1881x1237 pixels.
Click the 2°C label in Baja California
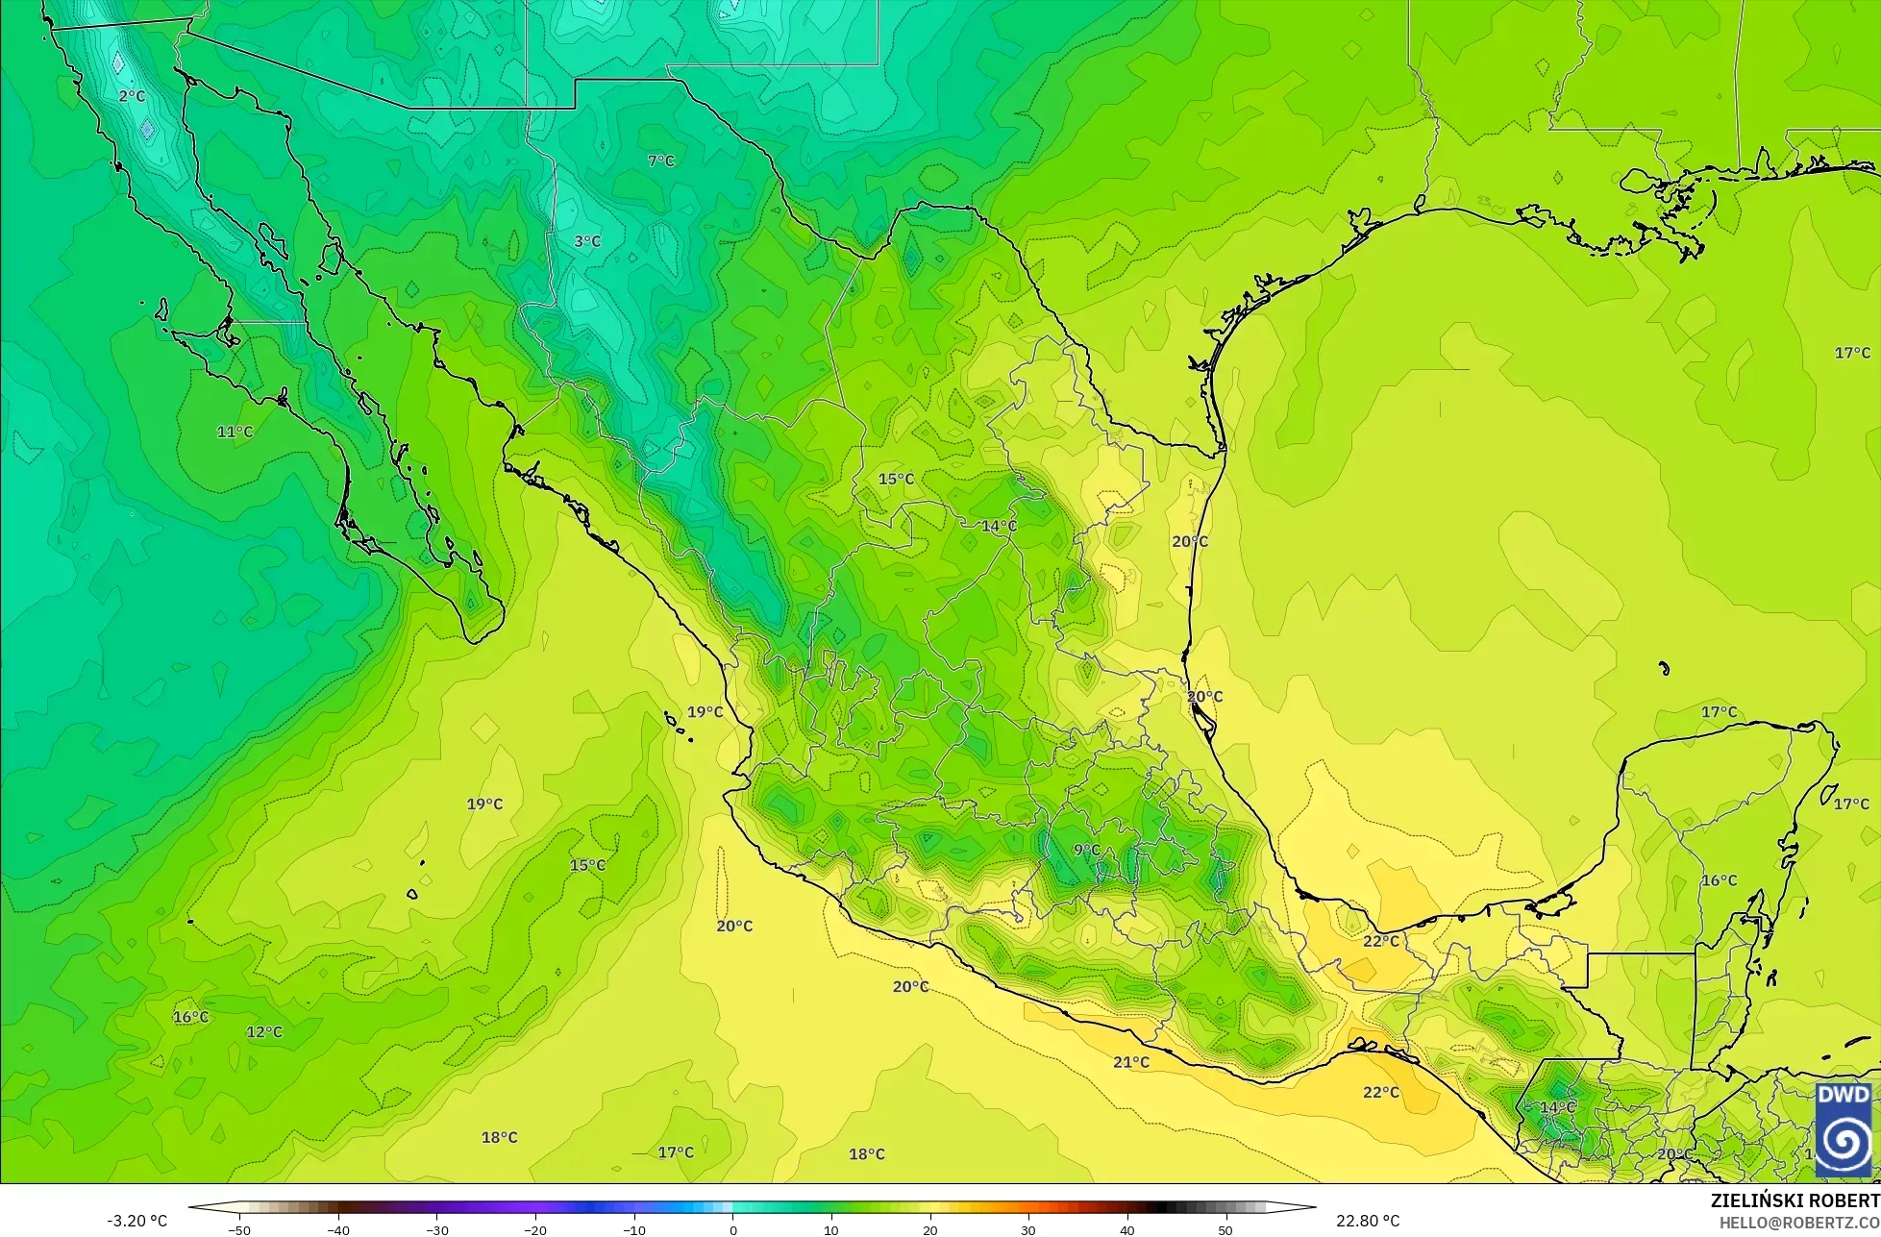point(132,96)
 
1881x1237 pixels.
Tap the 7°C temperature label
point(660,161)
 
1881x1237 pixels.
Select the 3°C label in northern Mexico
point(587,241)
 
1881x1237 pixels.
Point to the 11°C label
point(235,432)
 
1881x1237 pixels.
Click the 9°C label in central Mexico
point(1086,850)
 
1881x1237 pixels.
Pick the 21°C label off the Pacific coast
point(1131,1062)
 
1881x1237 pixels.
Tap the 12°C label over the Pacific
point(264,1032)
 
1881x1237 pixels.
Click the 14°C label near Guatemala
point(1557,1107)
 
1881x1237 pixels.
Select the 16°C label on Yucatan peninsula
point(1719,880)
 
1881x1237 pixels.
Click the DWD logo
point(1843,1130)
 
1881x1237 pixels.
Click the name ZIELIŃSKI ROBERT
point(1794,1201)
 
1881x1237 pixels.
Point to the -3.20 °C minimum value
point(136,1221)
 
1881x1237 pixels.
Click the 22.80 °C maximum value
point(1368,1221)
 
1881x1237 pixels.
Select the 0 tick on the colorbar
point(732,1229)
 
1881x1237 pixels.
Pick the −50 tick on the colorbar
point(239,1229)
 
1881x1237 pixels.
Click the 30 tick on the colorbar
point(1028,1229)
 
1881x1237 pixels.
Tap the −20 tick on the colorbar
point(535,1229)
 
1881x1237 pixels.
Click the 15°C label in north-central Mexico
point(896,479)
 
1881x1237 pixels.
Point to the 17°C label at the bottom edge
point(676,1152)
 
